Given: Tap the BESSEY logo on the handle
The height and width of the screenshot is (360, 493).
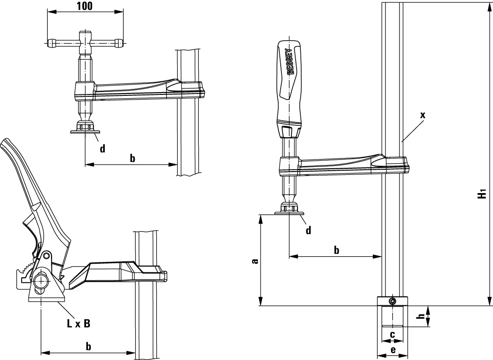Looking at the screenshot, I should click(289, 61).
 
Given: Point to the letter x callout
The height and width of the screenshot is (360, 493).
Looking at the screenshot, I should click(423, 115).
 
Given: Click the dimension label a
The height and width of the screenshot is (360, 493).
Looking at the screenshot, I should click(254, 261).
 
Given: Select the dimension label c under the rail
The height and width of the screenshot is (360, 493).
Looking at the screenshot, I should click(392, 334).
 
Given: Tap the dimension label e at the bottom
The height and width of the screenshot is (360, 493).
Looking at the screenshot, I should click(392, 349).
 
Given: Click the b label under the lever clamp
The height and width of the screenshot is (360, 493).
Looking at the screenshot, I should click(88, 346).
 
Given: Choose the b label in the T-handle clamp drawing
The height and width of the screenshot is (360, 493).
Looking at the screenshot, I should click(132, 158).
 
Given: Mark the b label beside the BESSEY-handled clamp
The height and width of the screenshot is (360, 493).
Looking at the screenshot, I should click(336, 250).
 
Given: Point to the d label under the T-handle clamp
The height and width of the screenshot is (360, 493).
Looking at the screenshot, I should click(102, 149).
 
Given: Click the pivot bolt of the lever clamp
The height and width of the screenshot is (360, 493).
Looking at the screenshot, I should click(42, 281).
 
